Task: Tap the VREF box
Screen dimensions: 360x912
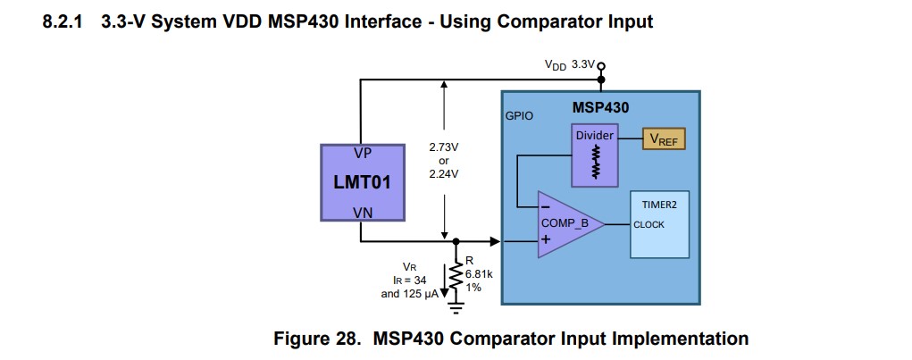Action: tap(663, 138)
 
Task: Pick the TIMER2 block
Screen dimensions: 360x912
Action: tap(660, 223)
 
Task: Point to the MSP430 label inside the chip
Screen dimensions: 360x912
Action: tap(600, 108)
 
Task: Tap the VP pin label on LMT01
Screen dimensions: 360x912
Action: tap(363, 153)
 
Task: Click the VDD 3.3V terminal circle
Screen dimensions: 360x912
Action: tap(600, 66)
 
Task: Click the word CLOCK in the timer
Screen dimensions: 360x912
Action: tap(649, 224)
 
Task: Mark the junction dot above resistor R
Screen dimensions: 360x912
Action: tap(456, 241)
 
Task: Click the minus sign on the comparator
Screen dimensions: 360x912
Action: tap(545, 207)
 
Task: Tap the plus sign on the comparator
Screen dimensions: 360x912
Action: tap(545, 239)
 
